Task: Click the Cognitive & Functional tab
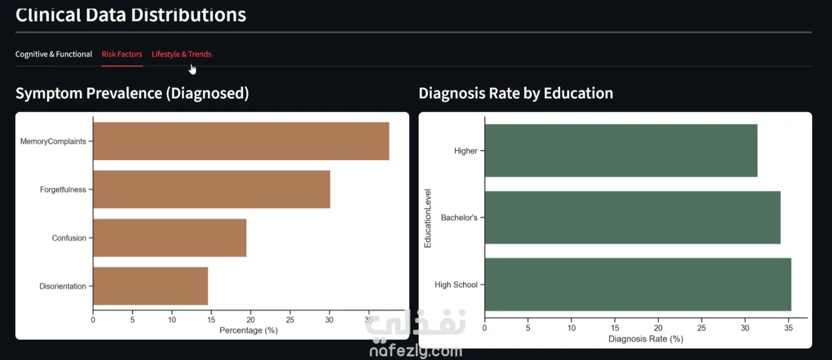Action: (x=53, y=54)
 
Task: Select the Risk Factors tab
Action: (x=122, y=54)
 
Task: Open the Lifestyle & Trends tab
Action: (x=181, y=54)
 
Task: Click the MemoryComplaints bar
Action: (x=241, y=141)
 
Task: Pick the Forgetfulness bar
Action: (x=212, y=189)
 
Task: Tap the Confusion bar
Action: (x=170, y=237)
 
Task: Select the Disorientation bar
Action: (x=150, y=286)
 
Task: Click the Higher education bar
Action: (x=621, y=150)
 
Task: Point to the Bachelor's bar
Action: (x=633, y=217)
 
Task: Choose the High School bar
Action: (x=638, y=284)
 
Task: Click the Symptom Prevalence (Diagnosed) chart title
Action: (x=132, y=93)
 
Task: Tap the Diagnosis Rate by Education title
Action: (x=516, y=93)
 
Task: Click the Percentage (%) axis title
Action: (x=248, y=330)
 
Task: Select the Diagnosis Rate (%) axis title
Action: (x=646, y=339)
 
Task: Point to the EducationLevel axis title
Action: (x=427, y=218)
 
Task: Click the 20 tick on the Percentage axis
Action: (x=251, y=319)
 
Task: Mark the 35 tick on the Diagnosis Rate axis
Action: (x=788, y=328)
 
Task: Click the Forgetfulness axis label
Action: (x=63, y=189)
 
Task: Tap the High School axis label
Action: (x=456, y=285)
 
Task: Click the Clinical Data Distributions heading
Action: (x=130, y=15)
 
